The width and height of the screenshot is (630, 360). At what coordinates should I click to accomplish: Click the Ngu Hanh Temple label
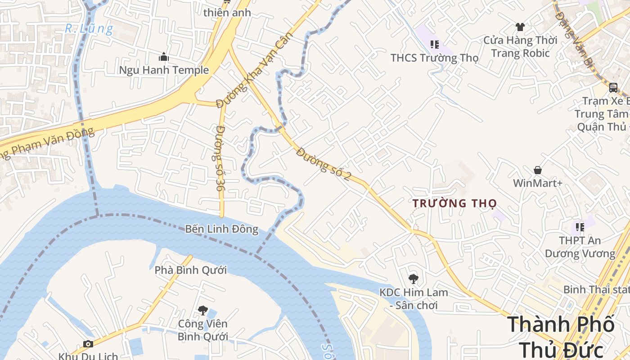click(164, 70)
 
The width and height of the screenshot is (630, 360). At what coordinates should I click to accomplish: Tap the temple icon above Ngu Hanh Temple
click(164, 57)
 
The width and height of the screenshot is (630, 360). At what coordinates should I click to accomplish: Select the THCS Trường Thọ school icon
click(434, 44)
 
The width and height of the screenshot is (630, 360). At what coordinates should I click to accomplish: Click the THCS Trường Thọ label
click(434, 58)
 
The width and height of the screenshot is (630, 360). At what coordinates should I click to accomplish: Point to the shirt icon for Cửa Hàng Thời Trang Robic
click(520, 27)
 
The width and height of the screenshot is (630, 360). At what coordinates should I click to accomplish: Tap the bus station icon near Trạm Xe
click(613, 87)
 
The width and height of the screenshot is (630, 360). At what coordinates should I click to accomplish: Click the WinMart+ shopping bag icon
click(537, 170)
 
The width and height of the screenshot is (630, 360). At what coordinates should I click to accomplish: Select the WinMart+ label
click(537, 184)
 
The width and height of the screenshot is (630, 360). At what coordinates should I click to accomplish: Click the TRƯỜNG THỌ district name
click(454, 204)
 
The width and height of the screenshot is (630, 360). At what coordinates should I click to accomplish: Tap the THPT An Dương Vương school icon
click(580, 227)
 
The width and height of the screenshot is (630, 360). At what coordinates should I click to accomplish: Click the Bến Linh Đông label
click(222, 229)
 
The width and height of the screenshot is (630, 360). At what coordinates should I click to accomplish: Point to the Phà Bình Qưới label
click(191, 270)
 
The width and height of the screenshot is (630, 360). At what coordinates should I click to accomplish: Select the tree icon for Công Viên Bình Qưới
click(202, 310)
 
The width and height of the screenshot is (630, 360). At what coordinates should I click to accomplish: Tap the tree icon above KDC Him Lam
click(413, 279)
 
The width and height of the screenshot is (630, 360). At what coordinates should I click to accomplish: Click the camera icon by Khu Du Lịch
click(88, 344)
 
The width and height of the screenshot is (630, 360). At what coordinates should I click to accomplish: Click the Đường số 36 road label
click(220, 158)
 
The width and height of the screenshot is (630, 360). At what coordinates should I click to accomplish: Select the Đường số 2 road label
click(323, 165)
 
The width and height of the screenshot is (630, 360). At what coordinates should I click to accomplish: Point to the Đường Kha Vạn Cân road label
click(254, 70)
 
